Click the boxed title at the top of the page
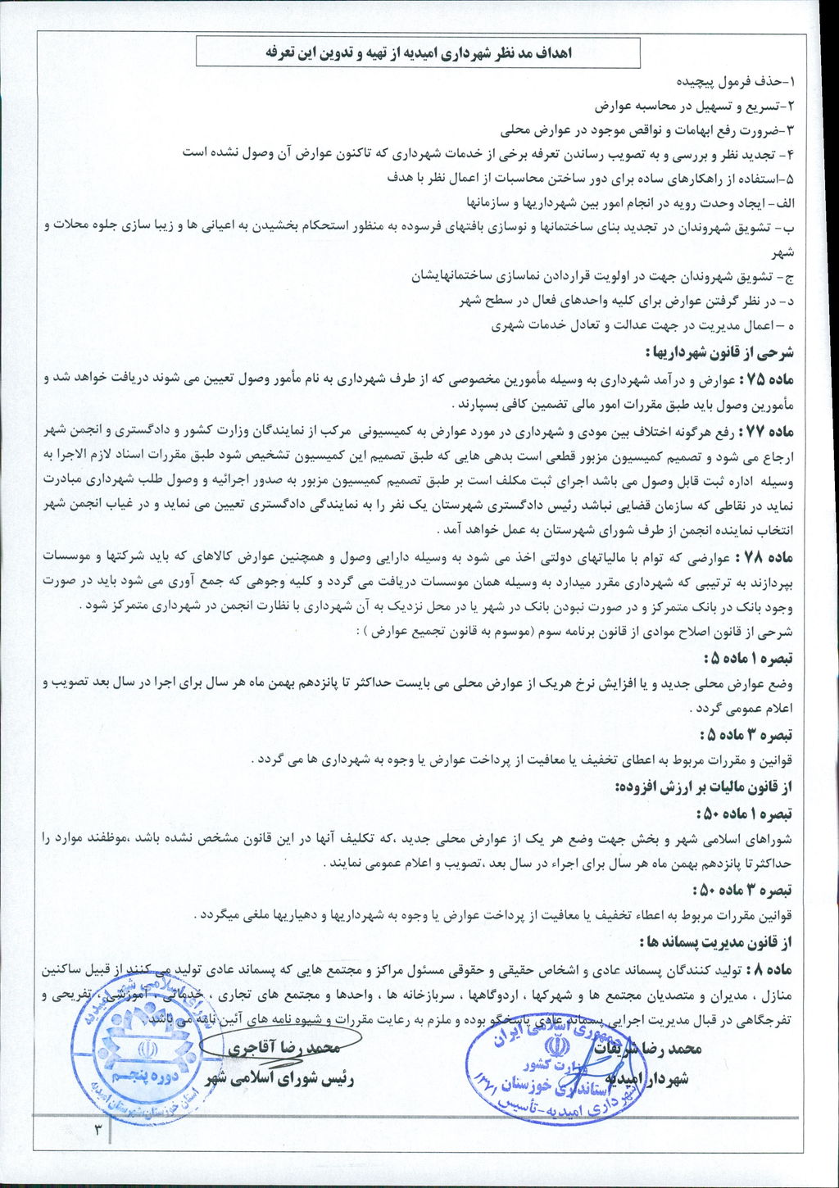pyautogui.click(x=418, y=53)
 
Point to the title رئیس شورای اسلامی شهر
pyautogui.click(x=283, y=1078)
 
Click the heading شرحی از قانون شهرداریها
pyautogui.click(x=724, y=354)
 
